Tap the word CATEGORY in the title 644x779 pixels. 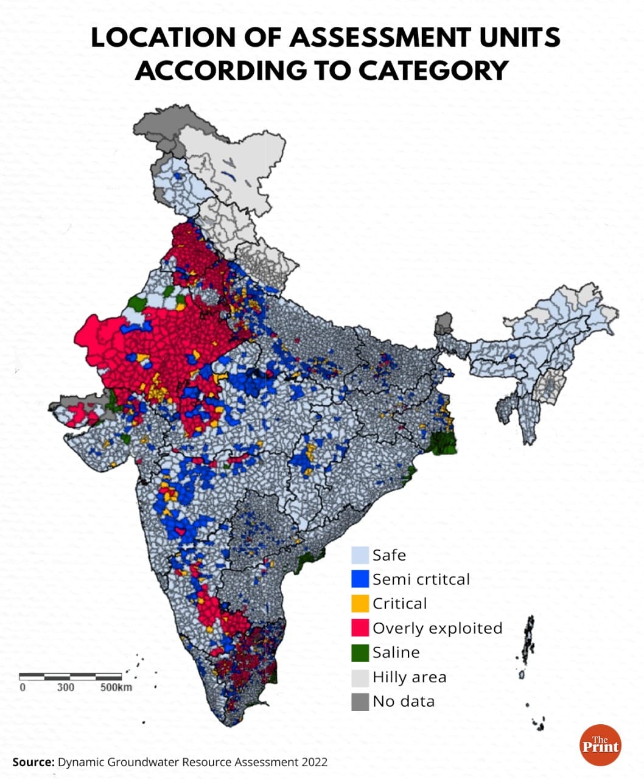click(433, 70)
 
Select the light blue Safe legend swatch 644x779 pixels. click(360, 555)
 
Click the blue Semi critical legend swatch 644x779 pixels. click(360, 579)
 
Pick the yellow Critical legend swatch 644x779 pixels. click(360, 603)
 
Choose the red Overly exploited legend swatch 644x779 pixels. click(360, 627)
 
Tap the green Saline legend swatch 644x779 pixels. click(360, 652)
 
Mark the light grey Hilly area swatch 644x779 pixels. click(360, 677)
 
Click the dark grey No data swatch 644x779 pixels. click(360, 701)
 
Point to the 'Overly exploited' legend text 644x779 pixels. click(437, 628)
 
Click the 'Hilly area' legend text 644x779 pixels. click(409, 677)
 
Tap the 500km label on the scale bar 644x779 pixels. click(116, 687)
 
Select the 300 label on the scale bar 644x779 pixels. click(66, 687)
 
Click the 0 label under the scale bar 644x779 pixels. click(23, 687)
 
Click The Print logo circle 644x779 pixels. click(600, 745)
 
